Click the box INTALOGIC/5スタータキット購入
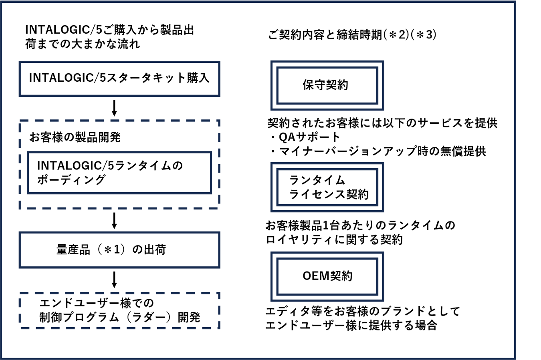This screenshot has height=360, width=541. pos(119,78)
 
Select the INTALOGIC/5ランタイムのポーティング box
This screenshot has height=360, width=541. pos(119,173)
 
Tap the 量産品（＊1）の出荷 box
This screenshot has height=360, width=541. pos(119,250)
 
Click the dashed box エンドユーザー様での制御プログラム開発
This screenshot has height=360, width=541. pos(119,311)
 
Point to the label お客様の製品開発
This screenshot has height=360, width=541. pos(75,137)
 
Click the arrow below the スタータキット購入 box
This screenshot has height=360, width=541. pos(114,108)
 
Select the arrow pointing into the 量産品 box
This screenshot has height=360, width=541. pos(114,221)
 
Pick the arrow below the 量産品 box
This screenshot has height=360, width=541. pos(114,280)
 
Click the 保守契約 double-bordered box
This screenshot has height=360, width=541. pos(327,85)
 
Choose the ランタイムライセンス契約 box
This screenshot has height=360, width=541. pos(327,187)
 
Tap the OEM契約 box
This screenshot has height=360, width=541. pos(327,276)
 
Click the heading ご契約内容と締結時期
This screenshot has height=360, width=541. pos(325,35)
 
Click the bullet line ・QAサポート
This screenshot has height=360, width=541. pos(305,137)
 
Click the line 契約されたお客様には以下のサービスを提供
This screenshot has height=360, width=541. pos(382,123)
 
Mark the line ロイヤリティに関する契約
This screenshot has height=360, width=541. pos(334,240)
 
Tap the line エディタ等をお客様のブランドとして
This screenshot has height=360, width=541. pos(362,311)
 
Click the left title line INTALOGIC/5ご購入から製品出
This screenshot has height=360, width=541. pos(109,30)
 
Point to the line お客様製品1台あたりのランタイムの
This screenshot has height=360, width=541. pos(360,225)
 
